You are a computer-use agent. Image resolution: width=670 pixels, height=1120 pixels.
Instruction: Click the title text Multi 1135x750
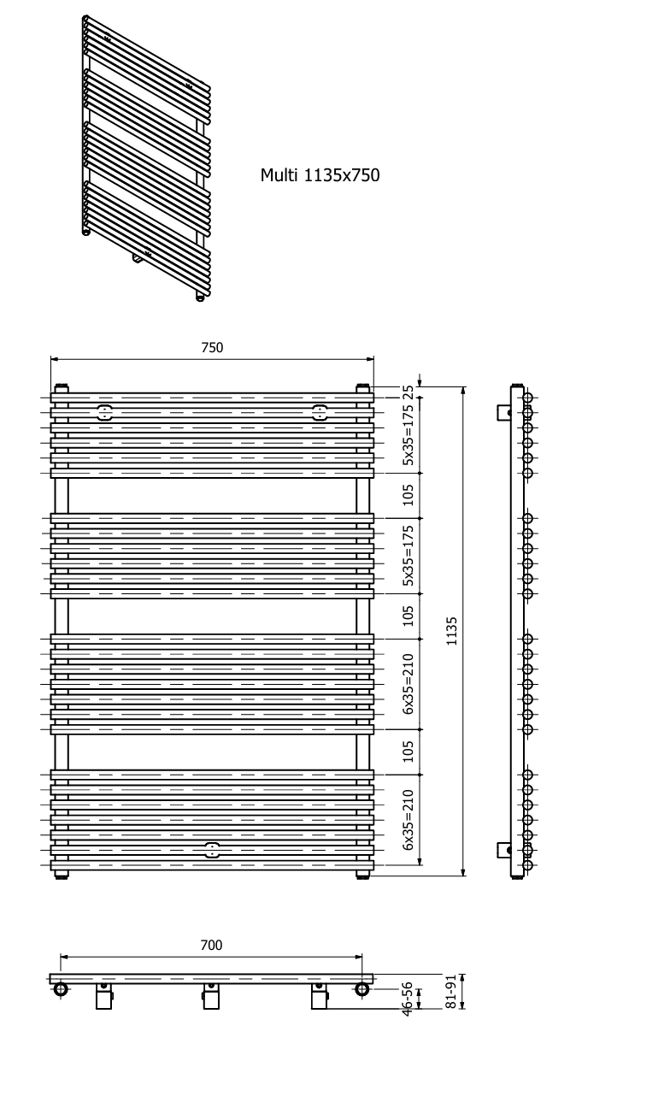coord(320,175)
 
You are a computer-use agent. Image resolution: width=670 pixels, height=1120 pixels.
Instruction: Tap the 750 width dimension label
coord(212,347)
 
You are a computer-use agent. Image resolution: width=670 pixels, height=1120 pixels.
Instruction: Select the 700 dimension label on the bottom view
coord(211,945)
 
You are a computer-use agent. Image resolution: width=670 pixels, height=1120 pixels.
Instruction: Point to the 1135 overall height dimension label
coord(452,631)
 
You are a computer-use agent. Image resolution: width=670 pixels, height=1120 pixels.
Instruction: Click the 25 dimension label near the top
coord(408,391)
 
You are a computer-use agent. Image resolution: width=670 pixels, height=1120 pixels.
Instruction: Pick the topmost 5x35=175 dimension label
coord(408,434)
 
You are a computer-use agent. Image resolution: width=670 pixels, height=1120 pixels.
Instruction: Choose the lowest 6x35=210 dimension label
coord(408,820)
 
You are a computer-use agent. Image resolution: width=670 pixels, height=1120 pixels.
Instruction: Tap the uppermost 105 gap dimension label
coord(408,495)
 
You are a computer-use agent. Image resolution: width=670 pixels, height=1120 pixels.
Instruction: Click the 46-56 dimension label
coord(408,999)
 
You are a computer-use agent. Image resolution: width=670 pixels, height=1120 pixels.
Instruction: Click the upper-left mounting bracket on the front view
coord(105,413)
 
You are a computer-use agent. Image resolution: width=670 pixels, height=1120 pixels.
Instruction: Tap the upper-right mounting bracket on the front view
coord(320,413)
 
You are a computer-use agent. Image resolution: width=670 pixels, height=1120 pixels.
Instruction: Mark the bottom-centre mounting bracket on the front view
coord(212,850)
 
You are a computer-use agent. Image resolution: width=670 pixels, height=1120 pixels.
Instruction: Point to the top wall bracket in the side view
coord(503,412)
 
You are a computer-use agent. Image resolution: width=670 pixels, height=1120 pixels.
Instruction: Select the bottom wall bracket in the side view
coord(503,850)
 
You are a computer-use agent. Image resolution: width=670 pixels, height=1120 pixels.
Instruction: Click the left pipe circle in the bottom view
coord(61,988)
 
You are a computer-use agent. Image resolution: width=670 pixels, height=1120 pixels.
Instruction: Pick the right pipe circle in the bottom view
coord(362,988)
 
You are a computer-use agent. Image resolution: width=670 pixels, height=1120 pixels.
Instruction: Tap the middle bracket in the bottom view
coord(211,996)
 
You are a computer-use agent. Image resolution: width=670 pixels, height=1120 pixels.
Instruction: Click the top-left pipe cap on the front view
coord(61,388)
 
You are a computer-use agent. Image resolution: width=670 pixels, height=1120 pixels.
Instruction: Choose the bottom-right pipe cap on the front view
coord(362,875)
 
